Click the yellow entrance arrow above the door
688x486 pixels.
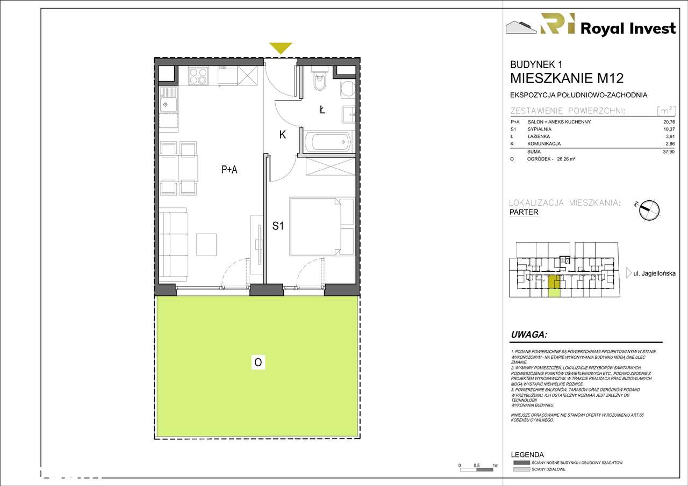[x=281, y=48]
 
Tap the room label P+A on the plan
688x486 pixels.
[x=230, y=170]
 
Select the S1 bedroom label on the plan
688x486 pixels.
[x=277, y=226]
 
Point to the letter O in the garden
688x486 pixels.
[x=258, y=363]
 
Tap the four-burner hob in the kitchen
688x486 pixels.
[x=198, y=76]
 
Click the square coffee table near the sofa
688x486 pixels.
[x=206, y=244]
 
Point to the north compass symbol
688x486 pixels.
[x=649, y=210]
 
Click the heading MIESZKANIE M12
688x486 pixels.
[x=567, y=78]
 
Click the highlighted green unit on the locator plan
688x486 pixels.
[x=554, y=286]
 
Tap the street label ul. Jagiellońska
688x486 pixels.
[x=654, y=274]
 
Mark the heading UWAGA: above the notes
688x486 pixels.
[x=529, y=335]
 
